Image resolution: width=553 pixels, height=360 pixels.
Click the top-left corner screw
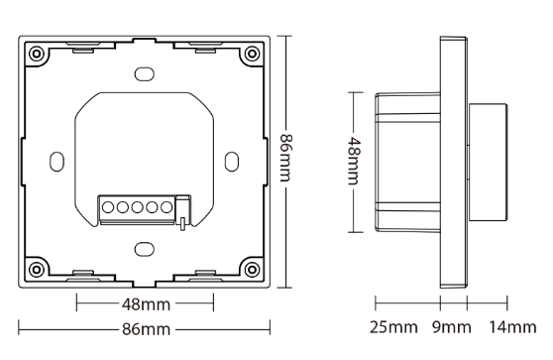(x=36, y=54)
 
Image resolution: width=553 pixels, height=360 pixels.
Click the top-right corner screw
(x=252, y=54)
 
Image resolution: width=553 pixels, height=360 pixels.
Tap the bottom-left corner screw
(x=36, y=270)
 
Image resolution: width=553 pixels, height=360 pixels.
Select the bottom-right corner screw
(x=252, y=270)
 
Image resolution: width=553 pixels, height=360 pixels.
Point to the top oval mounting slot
(x=145, y=74)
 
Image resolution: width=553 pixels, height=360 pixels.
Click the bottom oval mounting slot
(x=145, y=249)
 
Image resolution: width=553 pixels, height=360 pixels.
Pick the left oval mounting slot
(x=56, y=162)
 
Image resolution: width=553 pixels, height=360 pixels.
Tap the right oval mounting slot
(x=232, y=162)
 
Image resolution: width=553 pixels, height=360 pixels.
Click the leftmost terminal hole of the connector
(x=108, y=207)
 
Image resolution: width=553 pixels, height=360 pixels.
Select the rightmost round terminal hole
(x=166, y=207)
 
